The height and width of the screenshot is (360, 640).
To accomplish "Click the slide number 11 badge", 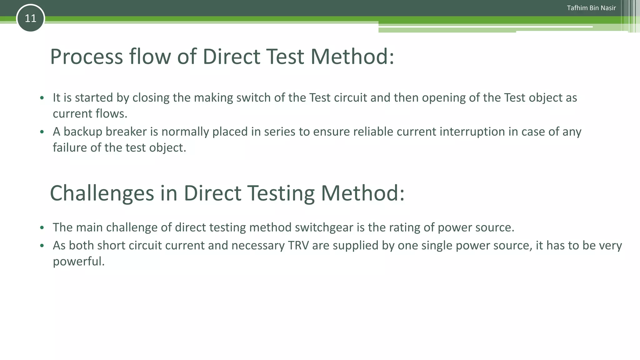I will coord(30,18).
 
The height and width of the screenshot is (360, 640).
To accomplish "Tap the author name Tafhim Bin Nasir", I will coord(591,8).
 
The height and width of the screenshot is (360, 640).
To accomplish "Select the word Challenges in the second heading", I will coord(102,193).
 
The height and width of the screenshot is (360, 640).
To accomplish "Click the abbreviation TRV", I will coord(298,245).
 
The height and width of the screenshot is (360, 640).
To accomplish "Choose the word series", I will coord(280,132).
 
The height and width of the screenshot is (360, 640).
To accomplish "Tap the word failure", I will coord(70,147).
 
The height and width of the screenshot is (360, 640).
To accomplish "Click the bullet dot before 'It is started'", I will coord(42,98).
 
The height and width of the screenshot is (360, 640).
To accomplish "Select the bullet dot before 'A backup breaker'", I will coord(42,132).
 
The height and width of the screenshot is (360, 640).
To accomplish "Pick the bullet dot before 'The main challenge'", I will coord(42,227).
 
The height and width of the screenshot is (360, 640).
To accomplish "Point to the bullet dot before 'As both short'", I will coord(42,246).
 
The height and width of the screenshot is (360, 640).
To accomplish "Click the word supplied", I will coord(355,245).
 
